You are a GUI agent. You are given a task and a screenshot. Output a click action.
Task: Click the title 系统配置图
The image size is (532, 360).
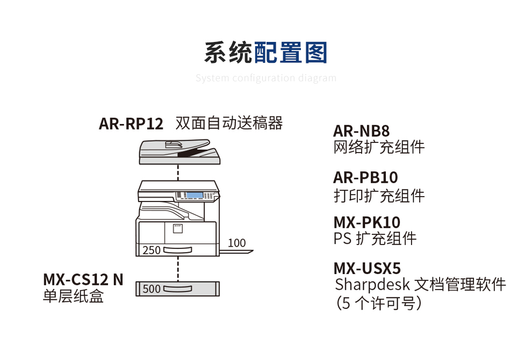[265, 53]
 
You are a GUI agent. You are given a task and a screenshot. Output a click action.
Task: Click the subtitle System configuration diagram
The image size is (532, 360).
[265, 78]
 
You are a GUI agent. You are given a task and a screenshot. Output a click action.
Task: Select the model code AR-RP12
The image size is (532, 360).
[131, 124]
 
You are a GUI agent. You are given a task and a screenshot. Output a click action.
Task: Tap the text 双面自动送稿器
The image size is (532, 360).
[229, 123]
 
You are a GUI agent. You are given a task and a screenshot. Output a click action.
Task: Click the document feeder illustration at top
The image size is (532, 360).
[179, 152]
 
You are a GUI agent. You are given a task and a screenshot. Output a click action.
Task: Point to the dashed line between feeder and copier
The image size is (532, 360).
[178, 172]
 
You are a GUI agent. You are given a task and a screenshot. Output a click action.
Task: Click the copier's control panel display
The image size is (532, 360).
[194, 195]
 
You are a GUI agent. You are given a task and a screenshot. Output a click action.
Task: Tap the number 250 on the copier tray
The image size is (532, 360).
[152, 250]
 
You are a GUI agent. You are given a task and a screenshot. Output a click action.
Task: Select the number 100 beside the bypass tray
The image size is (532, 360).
[236, 243]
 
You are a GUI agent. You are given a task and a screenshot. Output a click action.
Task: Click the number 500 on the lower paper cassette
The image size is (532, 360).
[152, 289]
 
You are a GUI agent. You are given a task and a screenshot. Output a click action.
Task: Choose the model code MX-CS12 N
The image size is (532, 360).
[83, 279]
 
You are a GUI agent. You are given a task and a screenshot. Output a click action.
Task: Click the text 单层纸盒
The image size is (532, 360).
[73, 296]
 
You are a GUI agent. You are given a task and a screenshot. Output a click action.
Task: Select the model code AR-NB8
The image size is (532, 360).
[361, 131]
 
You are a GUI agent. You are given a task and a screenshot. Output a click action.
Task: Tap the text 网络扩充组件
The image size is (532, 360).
[379, 147]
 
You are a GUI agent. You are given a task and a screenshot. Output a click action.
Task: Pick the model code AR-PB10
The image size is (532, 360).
[365, 177]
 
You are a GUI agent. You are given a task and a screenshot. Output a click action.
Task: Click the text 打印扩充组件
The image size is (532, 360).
[379, 196]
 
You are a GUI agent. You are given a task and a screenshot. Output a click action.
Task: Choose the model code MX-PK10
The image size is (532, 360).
[366, 222]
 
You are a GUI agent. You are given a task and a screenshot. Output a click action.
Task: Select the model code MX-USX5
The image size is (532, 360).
[367, 268]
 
